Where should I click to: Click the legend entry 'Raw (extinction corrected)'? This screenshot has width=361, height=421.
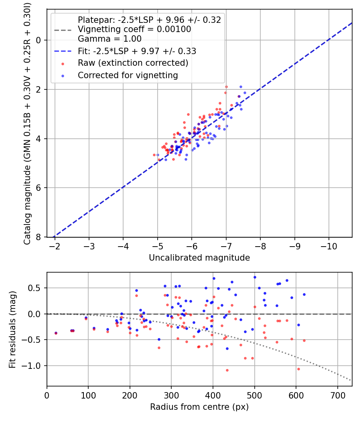tap(133, 63)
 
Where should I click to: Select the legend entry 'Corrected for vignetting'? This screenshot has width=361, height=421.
tap(128, 75)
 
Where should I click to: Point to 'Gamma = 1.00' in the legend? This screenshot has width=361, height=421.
tap(110, 38)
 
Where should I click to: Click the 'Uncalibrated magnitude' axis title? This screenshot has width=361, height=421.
tap(199, 258)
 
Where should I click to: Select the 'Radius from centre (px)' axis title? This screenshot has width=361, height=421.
tap(199, 407)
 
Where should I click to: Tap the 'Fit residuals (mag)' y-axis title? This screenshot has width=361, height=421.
tap(12, 330)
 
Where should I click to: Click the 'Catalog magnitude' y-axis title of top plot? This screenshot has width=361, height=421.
tap(27, 123)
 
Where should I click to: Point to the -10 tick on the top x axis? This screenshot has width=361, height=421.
tap(329, 246)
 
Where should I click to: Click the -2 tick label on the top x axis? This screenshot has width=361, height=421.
tap(55, 246)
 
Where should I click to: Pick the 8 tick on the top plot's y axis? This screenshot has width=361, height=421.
tap(39, 237)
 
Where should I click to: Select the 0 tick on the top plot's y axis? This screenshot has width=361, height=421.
tap(39, 40)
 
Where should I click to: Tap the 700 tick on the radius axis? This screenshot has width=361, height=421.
tap(337, 395)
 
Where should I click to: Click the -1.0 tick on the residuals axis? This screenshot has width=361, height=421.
tap(31, 366)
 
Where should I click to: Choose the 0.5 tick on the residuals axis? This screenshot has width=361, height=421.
tap(35, 288)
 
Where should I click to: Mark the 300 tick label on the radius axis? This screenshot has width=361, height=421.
tap(171, 395)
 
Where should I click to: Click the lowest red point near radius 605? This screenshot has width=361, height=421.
tap(298, 369)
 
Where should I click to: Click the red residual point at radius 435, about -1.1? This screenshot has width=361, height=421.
tap(227, 370)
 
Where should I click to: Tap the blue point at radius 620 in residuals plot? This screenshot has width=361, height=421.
tap(304, 295)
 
